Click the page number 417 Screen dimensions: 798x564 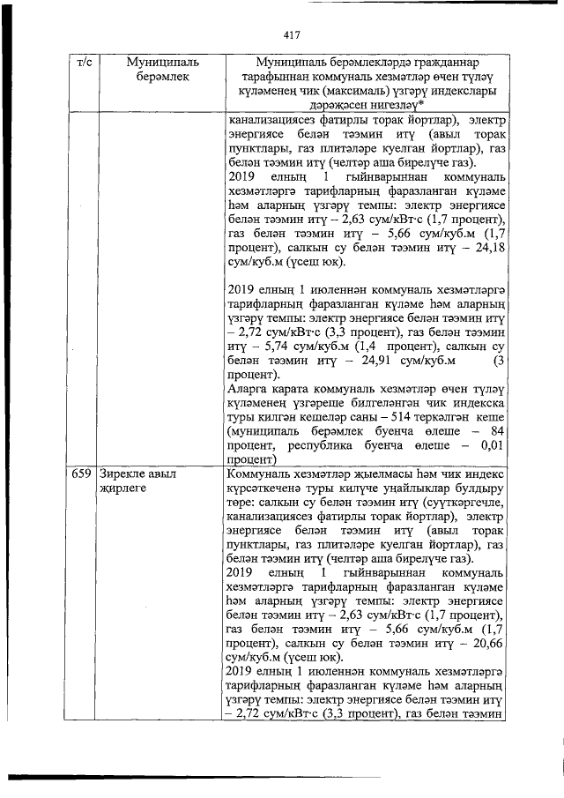293,35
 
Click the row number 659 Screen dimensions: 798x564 82,474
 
